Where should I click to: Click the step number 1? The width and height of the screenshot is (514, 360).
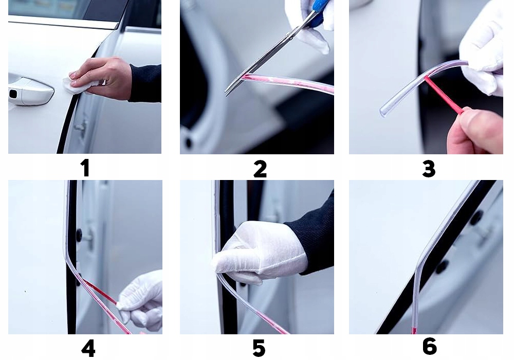coord(85,168)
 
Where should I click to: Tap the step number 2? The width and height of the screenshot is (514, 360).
coord(260,169)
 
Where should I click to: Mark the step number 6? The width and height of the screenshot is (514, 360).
coord(429,346)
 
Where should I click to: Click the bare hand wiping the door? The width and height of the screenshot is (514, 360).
coord(102,78)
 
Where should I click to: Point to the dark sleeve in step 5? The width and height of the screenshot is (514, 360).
coord(313,235)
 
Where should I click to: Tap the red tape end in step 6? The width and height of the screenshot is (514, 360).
coord(414,329)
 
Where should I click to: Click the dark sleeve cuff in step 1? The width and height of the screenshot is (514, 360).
coord(145,83)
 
